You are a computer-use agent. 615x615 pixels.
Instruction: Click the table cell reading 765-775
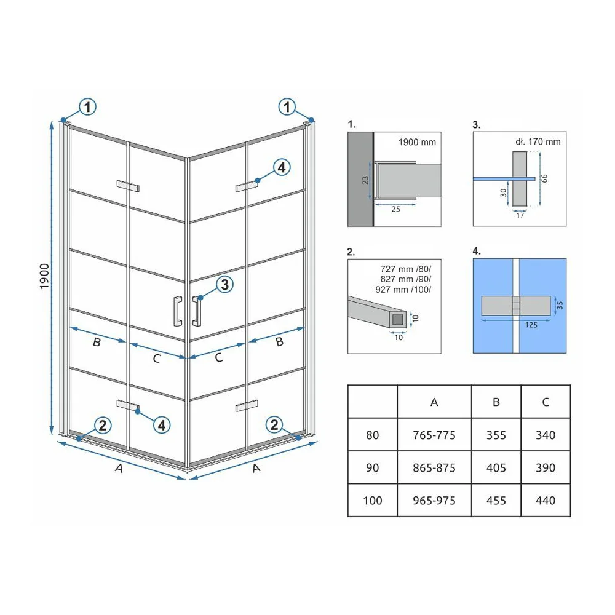click(x=434, y=435)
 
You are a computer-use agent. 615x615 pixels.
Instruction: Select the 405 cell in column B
click(x=496, y=467)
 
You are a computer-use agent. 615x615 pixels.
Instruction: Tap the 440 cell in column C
click(x=546, y=501)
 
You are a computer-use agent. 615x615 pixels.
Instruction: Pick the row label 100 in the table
click(x=372, y=501)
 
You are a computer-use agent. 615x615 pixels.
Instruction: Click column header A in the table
click(x=434, y=402)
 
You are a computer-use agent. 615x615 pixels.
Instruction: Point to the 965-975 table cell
click(x=434, y=501)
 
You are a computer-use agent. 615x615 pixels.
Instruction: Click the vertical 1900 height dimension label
click(x=44, y=277)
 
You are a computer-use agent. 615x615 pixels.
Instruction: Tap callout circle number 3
click(x=224, y=284)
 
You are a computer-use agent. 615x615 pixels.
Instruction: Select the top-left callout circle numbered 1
click(x=87, y=106)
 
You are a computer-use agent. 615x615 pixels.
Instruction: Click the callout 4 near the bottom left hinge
click(x=162, y=425)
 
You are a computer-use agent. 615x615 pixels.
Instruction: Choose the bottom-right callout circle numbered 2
click(x=274, y=424)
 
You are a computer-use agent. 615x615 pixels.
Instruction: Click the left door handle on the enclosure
click(x=178, y=311)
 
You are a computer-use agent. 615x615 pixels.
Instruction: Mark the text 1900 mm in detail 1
click(x=417, y=143)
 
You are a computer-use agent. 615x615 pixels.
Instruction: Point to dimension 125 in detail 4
click(x=531, y=325)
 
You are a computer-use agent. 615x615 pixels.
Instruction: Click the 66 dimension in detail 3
click(x=544, y=178)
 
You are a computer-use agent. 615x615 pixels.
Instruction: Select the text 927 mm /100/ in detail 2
click(x=403, y=290)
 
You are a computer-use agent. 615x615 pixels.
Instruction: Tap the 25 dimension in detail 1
click(x=395, y=210)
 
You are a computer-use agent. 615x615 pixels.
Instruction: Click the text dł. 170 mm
click(x=538, y=141)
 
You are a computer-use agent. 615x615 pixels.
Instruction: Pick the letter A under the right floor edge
click(x=256, y=468)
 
